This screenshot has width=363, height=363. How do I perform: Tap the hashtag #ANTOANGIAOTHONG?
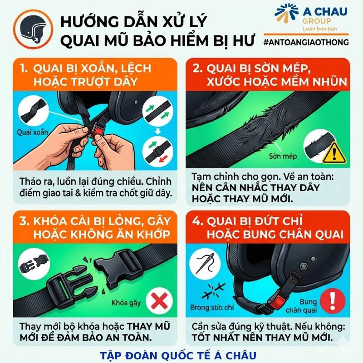306,42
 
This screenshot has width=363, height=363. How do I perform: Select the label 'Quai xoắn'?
34,132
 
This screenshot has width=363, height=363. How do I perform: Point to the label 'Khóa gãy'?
127,303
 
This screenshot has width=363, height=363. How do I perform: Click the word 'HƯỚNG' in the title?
87,21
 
